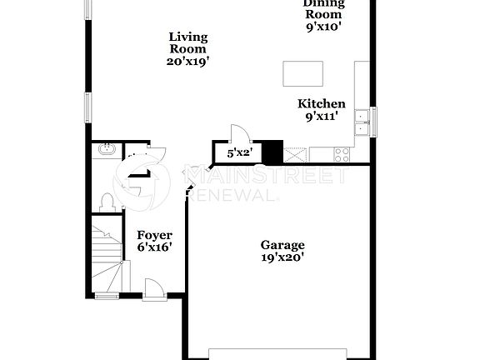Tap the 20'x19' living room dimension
coord(188,60)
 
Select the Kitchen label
coord(322,104)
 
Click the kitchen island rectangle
coord(302,73)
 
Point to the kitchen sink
coord(362,122)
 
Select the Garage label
coord(282,245)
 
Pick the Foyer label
coord(154,236)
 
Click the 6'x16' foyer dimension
coord(154,248)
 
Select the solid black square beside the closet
coord(272,153)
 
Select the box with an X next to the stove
coord(295,153)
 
